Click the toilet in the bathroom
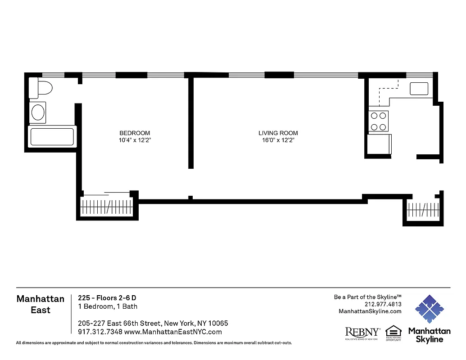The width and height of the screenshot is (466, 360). tap(41, 88)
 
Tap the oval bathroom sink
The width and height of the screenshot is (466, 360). tap(38, 112)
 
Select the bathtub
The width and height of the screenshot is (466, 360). tap(52, 136)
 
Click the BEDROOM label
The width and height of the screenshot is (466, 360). tap(135, 133)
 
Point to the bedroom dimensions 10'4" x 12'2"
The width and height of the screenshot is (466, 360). tap(135, 140)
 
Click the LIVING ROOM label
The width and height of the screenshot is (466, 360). tap(278, 133)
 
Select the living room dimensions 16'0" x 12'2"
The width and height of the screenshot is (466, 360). tap(278, 140)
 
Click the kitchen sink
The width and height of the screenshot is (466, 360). tap(419, 89)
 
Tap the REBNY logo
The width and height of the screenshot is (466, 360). tap(362, 333)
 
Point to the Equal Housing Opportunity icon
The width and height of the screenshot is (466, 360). tap(393, 333)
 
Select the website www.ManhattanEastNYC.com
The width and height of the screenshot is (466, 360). tap(173, 332)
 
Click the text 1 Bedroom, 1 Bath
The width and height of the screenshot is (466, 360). tap(108, 306)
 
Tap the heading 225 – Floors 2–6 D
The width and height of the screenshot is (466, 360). tap(107, 298)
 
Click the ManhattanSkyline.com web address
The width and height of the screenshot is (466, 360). tap(370, 311)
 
